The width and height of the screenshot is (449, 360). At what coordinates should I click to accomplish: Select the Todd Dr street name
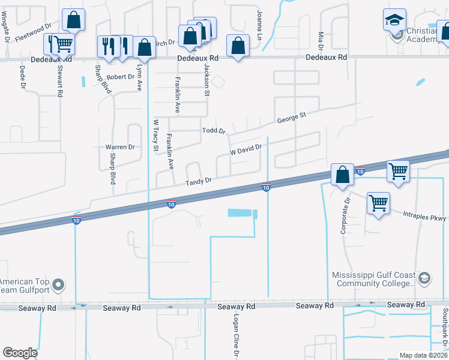pyautogui.click(x=213, y=131)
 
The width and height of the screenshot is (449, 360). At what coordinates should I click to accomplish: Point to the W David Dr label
pyautogui.click(x=247, y=149)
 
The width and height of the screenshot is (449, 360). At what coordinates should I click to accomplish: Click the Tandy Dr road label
pyautogui.click(x=199, y=181)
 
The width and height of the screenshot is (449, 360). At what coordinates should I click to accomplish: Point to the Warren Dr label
pyautogui.click(x=120, y=147)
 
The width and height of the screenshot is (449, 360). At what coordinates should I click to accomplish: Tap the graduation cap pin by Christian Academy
pyautogui.click(x=395, y=20)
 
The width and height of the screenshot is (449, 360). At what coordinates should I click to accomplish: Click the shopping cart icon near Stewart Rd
pyautogui.click(x=63, y=43)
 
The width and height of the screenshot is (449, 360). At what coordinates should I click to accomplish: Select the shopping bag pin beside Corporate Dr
pyautogui.click(x=342, y=175)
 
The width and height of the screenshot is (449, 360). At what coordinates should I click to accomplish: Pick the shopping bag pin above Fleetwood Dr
pyautogui.click(x=73, y=20)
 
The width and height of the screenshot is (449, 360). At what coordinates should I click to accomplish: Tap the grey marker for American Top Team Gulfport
pyautogui.click(x=58, y=284)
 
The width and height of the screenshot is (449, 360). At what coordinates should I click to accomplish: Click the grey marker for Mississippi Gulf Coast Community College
pyautogui.click(x=424, y=277)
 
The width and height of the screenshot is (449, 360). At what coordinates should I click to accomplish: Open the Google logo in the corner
pyautogui.click(x=20, y=353)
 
